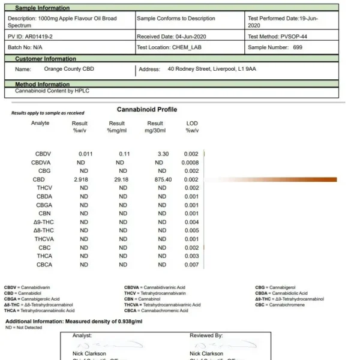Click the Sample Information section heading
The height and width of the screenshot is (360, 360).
coord(42,8)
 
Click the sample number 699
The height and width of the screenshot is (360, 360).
coord(298,47)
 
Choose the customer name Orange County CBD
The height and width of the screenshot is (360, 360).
coord(69,69)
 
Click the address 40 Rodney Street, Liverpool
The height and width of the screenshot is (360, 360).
coord(212,69)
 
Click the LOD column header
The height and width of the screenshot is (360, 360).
coord(192,124)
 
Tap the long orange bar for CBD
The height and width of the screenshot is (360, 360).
coord(270,179)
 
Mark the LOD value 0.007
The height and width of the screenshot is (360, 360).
coord(191,265)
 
